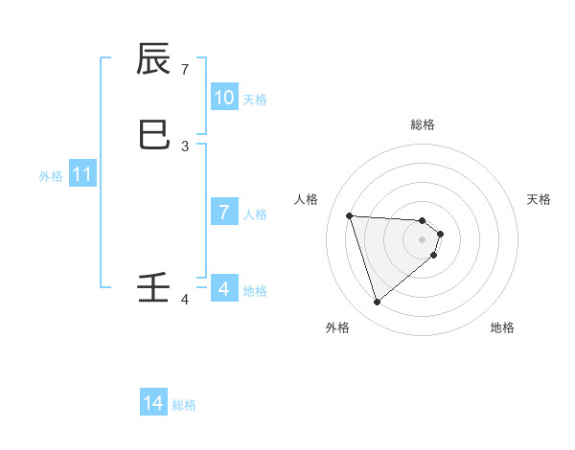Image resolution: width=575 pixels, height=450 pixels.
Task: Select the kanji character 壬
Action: click(x=154, y=288)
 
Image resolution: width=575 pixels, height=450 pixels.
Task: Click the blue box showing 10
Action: click(x=224, y=98)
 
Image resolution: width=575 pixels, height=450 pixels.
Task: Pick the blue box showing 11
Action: click(x=82, y=175)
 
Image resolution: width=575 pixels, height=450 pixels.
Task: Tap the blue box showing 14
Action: click(x=153, y=404)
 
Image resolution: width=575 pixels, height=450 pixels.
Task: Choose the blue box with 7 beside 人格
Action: click(x=224, y=213)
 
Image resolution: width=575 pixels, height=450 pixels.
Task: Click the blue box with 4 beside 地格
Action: click(x=224, y=288)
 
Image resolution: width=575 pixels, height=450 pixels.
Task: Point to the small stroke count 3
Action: click(x=185, y=146)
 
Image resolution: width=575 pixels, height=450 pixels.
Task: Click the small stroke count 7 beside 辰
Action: click(x=185, y=70)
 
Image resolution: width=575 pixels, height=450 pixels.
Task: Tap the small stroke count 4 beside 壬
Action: click(x=185, y=300)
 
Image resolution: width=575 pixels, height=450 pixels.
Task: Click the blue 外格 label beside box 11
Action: click(x=51, y=176)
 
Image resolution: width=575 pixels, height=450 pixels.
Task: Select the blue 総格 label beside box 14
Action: click(x=184, y=405)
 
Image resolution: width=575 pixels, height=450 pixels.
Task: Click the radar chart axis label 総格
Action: click(x=423, y=124)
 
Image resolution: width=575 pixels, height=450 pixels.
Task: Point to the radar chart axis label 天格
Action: click(x=540, y=199)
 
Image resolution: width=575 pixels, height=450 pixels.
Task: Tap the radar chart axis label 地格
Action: click(x=502, y=327)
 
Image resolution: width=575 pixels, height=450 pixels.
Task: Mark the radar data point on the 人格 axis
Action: click(x=350, y=215)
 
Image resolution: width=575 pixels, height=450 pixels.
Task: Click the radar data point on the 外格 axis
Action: click(x=378, y=303)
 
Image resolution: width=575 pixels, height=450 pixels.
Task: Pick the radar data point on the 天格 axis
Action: click(x=441, y=233)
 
